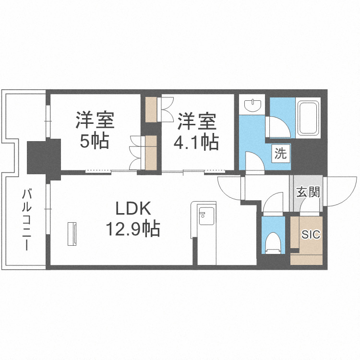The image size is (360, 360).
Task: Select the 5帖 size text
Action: [x=94, y=141]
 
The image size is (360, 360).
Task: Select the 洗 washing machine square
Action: [x=281, y=154]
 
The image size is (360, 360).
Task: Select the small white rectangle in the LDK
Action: [x=73, y=234]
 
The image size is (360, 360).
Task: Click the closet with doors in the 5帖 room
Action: [x=144, y=153]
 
